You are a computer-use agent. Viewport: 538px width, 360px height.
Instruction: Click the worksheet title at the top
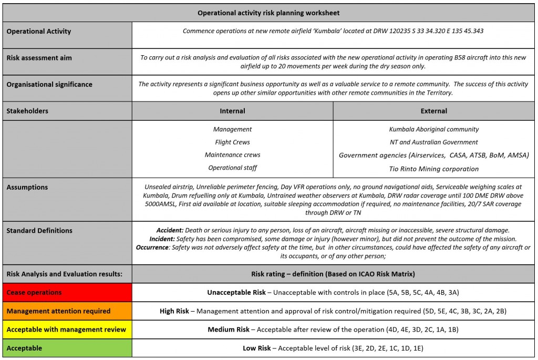(x=268, y=13)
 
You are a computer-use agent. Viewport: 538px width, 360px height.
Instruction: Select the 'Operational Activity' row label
(x=39, y=32)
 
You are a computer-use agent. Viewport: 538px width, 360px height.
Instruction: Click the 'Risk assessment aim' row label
(x=39, y=58)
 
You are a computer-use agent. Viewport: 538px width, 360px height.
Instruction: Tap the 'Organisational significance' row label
(x=49, y=84)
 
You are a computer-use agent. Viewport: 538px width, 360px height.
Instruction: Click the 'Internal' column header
(x=232, y=111)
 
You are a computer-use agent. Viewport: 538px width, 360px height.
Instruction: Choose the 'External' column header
(x=434, y=111)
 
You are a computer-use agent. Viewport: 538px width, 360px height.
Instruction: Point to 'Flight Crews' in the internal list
(x=232, y=142)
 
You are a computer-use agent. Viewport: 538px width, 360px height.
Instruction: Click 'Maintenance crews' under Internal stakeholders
(x=232, y=155)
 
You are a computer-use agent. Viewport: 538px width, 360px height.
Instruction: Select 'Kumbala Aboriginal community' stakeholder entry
(x=434, y=129)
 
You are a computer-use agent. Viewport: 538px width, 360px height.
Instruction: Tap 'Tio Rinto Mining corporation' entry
(x=434, y=169)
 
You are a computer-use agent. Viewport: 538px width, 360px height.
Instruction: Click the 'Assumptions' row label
(x=27, y=187)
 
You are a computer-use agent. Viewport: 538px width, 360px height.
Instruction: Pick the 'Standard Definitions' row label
(x=39, y=231)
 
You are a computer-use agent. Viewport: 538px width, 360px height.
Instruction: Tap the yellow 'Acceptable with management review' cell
(x=67, y=330)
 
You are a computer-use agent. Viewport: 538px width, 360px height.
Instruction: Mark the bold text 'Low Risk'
(x=256, y=348)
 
